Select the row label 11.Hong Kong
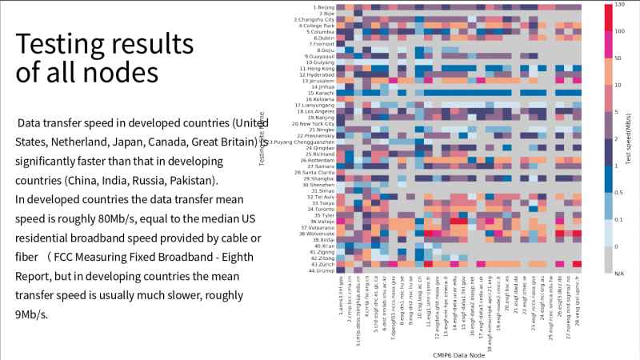point(320,69)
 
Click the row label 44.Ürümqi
point(322,270)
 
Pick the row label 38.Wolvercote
point(317,234)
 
